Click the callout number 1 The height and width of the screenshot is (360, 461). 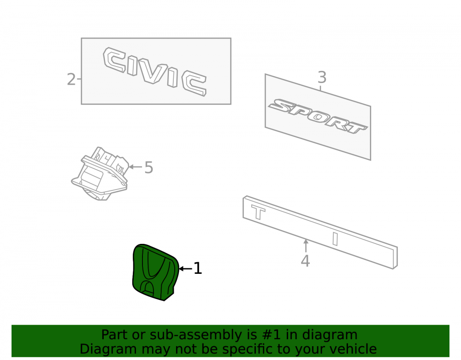[198, 268]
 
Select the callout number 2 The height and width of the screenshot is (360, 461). [71, 79]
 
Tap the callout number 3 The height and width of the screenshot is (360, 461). [322, 77]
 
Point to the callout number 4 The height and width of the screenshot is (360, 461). [305, 261]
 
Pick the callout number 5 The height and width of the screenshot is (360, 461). [149, 167]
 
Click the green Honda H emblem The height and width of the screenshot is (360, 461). [155, 272]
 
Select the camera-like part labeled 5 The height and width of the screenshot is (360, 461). [100, 174]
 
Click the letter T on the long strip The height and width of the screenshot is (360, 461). [258, 212]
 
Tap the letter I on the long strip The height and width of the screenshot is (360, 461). [335, 239]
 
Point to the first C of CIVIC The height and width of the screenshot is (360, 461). [114, 60]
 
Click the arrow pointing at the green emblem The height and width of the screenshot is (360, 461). [185, 269]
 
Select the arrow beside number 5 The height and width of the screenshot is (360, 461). [135, 167]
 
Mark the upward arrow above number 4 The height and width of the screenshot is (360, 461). [306, 246]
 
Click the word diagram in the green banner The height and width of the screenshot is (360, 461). [330, 335]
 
